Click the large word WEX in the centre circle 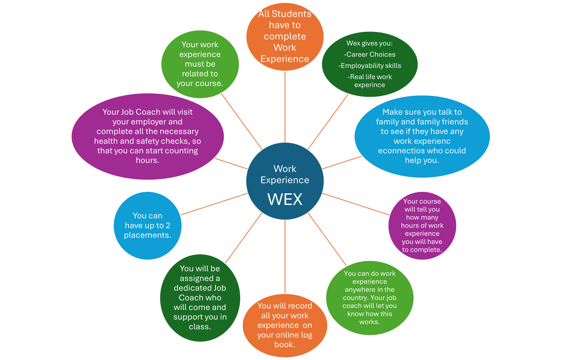point(285,199)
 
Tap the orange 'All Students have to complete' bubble point(285,36)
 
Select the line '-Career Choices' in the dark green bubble point(370,54)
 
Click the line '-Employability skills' point(370,66)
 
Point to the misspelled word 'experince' point(370,85)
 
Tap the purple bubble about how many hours point(422,226)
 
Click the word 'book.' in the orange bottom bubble point(285,345)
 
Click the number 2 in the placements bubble point(168,225)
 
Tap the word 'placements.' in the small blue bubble point(148,235)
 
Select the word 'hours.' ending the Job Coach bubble point(148,160)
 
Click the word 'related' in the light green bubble point(192,74)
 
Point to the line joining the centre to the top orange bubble point(285,107)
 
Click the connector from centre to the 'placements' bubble point(214,204)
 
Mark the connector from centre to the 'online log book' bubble point(285,257)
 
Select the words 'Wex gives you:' point(370,43)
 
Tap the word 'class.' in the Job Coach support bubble point(200,327)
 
